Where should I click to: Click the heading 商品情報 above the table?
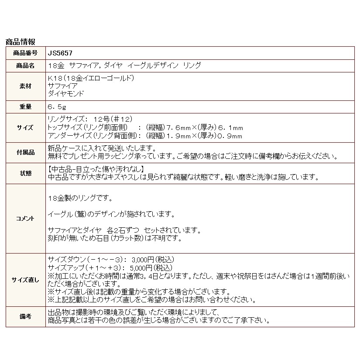(20, 42)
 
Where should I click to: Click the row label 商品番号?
(26, 53)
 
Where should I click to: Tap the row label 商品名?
(26, 65)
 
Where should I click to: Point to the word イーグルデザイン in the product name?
(152, 65)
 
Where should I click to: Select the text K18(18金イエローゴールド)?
(89, 79)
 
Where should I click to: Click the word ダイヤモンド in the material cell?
(65, 93)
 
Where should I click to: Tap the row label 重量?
(26, 106)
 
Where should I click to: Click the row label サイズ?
(26, 127)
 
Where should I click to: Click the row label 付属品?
(26, 153)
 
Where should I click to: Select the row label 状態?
(26, 173)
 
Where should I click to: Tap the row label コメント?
(26, 218)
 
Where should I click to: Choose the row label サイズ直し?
(26, 280)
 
